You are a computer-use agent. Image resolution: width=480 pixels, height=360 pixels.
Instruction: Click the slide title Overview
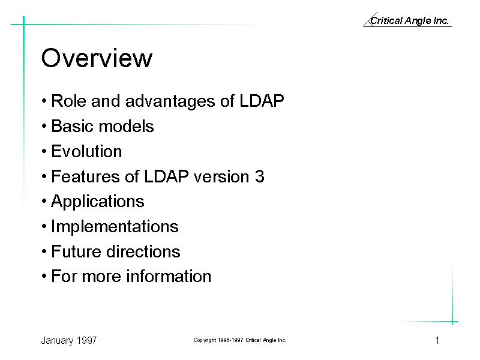[97, 58]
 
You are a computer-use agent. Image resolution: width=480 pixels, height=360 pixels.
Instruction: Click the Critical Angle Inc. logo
[407, 20]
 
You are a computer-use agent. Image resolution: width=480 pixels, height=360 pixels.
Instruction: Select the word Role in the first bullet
[68, 101]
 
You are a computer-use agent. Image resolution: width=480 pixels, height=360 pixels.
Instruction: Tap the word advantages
[170, 101]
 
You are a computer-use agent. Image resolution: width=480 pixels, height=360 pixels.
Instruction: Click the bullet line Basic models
[98, 126]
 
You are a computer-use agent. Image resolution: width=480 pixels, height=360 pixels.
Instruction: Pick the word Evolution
[86, 151]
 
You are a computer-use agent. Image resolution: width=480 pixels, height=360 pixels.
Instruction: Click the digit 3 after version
[260, 176]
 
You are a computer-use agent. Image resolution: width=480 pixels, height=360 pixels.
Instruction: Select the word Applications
[98, 202]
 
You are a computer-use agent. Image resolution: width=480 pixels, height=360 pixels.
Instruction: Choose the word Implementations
[115, 227]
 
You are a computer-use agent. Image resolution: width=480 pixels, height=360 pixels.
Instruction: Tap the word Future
[76, 251]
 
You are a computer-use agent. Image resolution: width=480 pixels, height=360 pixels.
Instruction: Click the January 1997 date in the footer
[69, 340]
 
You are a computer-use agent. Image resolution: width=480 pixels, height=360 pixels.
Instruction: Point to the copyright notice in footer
[239, 340]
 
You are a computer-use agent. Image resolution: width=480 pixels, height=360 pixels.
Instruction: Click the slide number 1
[437, 340]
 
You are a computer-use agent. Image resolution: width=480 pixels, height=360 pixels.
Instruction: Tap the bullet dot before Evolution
[44, 151]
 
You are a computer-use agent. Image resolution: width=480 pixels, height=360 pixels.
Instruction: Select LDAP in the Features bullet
[166, 176]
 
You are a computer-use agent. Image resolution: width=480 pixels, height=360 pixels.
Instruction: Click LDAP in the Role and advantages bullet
[262, 101]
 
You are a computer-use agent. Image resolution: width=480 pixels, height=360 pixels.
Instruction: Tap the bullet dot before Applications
[44, 202]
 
